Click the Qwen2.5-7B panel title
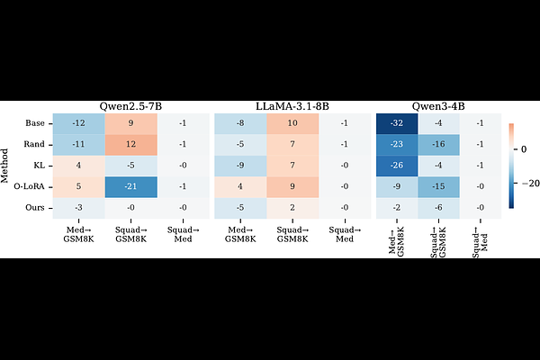tap(130, 106)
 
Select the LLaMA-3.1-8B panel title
tap(292, 106)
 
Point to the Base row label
tap(34, 123)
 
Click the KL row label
tap(38, 166)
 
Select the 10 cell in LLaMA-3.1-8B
tap(292, 123)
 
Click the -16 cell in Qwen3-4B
tap(438, 144)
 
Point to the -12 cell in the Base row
tap(78, 123)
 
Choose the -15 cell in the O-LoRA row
tap(438, 187)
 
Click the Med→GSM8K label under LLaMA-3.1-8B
tap(239, 231)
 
